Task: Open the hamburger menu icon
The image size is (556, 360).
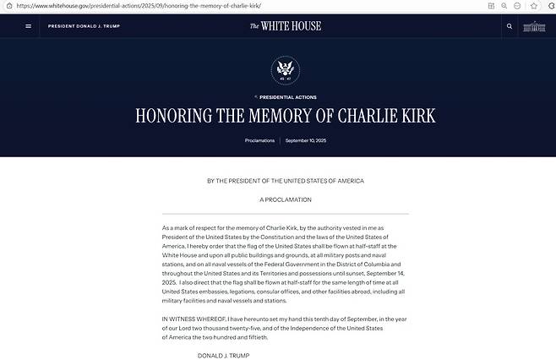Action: coord(29,26)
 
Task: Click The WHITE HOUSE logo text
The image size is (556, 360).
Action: coord(285,26)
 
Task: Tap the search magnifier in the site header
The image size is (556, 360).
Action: coord(509,26)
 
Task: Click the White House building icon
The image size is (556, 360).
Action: coord(535,26)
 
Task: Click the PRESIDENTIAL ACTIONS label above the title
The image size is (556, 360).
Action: coord(287,97)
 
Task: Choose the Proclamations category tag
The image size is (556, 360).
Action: coord(259,140)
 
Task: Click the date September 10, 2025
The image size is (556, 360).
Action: coord(306,140)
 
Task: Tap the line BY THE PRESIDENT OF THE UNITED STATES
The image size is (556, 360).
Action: coord(285,181)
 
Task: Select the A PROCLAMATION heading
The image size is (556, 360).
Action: coord(286,199)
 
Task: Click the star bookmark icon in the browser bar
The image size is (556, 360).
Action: coord(533,6)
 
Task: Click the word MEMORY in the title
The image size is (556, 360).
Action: coord(276,117)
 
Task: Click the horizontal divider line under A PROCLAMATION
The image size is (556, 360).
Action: coord(286,214)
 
